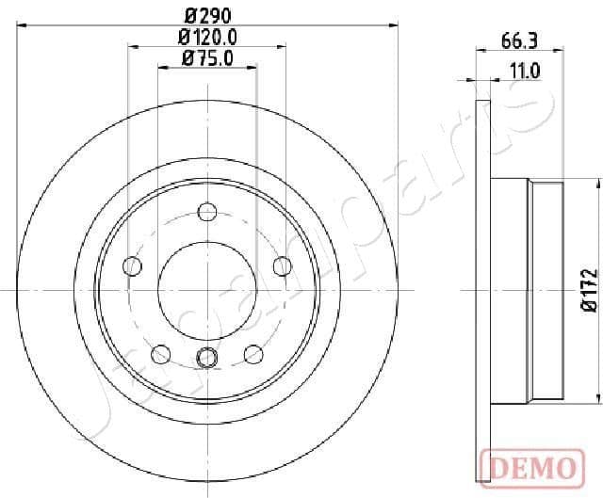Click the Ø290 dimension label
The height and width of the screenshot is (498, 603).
(206, 16)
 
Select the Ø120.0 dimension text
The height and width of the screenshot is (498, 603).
(206, 38)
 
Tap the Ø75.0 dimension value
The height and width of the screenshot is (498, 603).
(206, 59)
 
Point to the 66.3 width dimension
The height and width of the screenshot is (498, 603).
(517, 40)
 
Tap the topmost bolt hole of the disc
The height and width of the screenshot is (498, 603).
(206, 214)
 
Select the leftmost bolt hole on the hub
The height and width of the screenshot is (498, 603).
(133, 267)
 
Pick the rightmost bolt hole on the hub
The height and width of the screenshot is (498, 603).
(281, 267)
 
